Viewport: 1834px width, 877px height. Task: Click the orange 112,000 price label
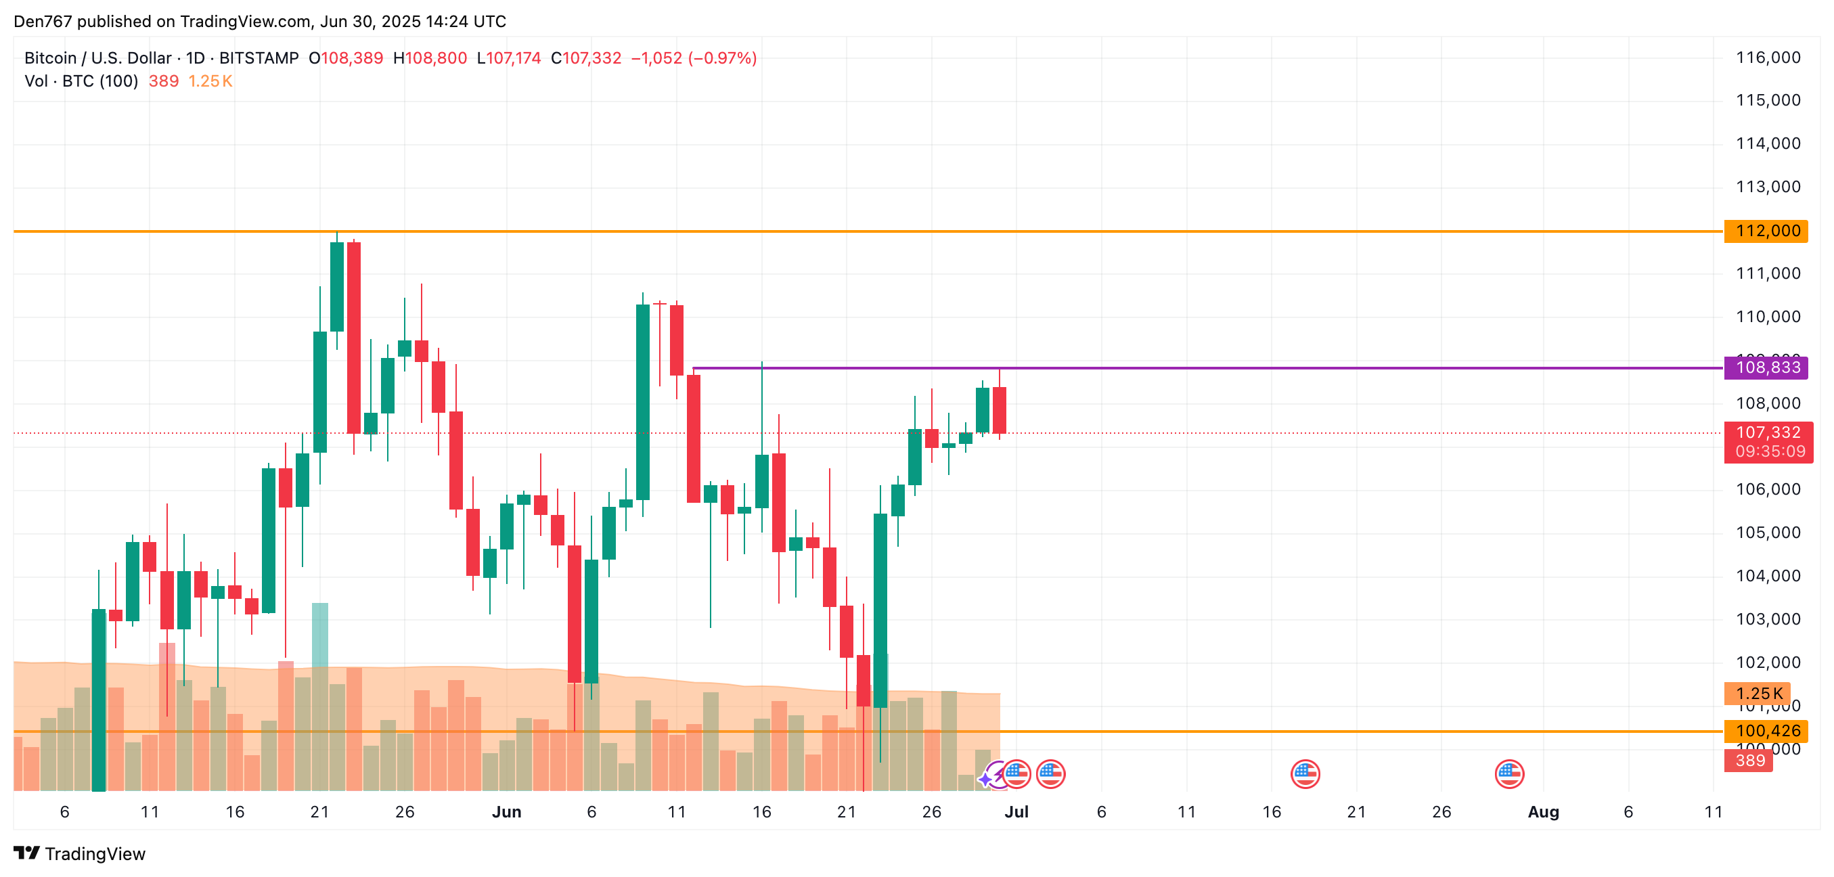click(x=1766, y=231)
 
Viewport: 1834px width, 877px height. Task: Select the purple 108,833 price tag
click(x=1766, y=368)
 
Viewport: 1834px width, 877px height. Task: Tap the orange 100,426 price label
click(x=1766, y=731)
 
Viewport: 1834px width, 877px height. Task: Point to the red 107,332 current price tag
click(x=1768, y=433)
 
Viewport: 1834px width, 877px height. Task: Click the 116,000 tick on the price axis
click(x=1768, y=58)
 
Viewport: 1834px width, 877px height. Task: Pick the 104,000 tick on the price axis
click(x=1768, y=576)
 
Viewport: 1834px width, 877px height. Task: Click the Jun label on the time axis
click(x=506, y=812)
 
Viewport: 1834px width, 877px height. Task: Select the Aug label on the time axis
click(x=1543, y=812)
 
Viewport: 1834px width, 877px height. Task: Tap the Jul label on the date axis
click(x=1016, y=812)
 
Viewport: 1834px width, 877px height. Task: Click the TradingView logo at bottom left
click(x=79, y=853)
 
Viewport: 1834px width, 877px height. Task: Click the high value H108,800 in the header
click(x=430, y=58)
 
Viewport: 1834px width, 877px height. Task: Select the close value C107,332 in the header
click(x=586, y=58)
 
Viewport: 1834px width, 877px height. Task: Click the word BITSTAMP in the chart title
click(x=259, y=58)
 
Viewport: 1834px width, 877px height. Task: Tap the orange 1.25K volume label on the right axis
click(x=1758, y=694)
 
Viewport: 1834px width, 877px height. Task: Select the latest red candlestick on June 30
click(x=1000, y=410)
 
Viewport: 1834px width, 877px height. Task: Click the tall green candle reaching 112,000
click(x=337, y=286)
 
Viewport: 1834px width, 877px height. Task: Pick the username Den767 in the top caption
click(x=43, y=22)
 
